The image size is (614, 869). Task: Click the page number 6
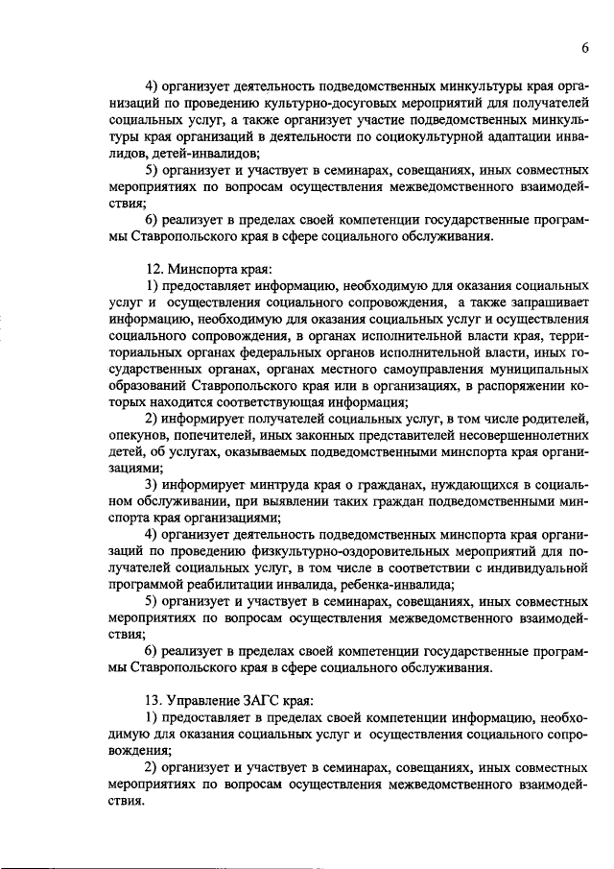point(584,49)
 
